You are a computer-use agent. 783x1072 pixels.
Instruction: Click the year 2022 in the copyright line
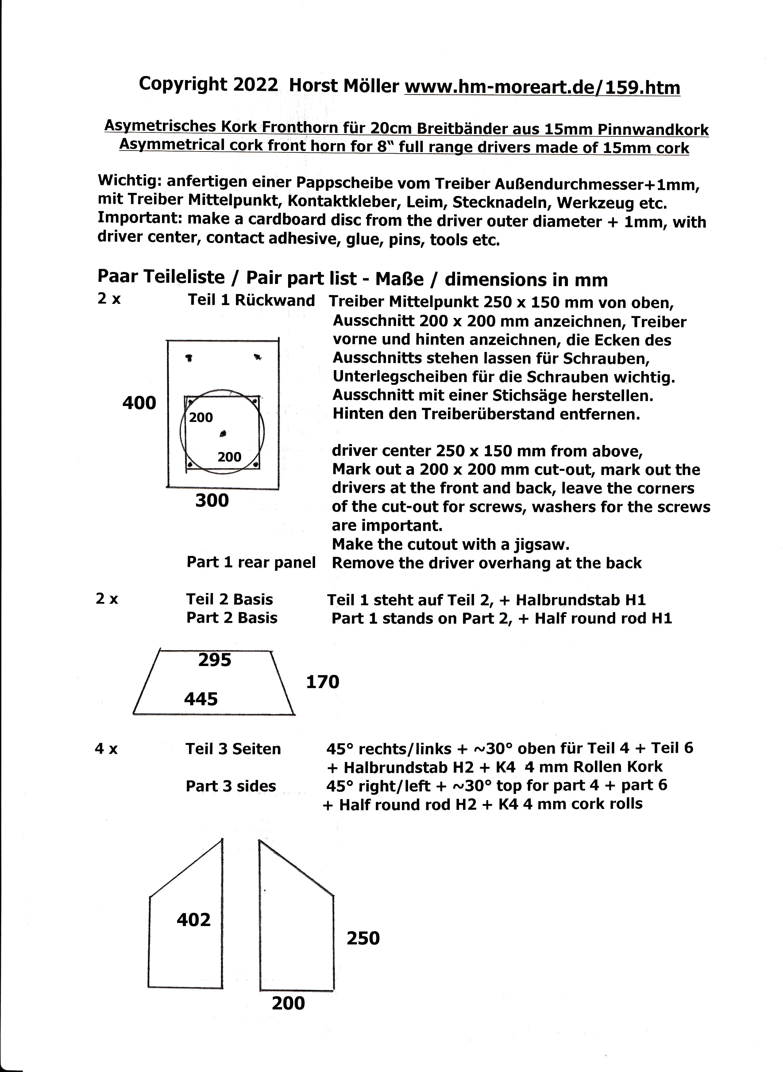pyautogui.click(x=256, y=84)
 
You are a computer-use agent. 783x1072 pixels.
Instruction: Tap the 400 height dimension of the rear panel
pyautogui.click(x=139, y=403)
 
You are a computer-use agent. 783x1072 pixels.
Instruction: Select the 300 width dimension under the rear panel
pyautogui.click(x=212, y=500)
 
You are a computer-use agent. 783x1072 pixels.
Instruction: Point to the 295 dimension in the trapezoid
pyautogui.click(x=215, y=660)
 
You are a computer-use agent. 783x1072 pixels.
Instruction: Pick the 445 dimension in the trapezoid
pyautogui.click(x=201, y=699)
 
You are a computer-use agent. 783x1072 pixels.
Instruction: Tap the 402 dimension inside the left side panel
pyautogui.click(x=193, y=920)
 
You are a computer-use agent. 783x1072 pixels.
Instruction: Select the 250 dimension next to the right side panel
pyautogui.click(x=363, y=938)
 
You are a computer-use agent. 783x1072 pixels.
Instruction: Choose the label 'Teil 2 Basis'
pyautogui.click(x=229, y=599)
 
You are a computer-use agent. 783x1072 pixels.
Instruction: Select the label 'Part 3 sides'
pyautogui.click(x=230, y=786)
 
